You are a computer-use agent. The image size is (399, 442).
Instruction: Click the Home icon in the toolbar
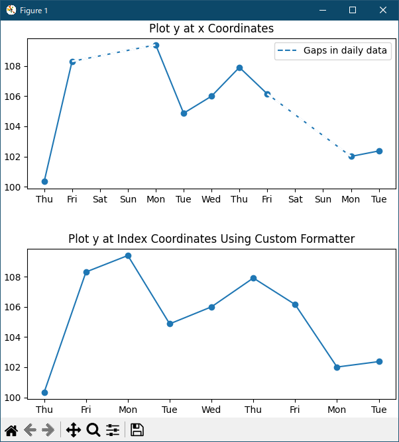(x=11, y=430)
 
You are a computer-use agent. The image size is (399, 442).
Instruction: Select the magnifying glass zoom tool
(x=93, y=430)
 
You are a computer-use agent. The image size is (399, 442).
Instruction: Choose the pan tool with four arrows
(x=74, y=430)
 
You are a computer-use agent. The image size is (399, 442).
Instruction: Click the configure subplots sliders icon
(x=113, y=430)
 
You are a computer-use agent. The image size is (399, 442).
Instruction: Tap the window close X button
(x=382, y=10)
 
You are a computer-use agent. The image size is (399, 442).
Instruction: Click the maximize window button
(x=353, y=10)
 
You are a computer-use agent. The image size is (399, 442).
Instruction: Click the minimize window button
(x=323, y=10)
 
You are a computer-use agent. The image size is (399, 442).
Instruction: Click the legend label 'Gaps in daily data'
(x=345, y=51)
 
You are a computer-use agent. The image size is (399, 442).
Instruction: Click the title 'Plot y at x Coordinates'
(x=211, y=28)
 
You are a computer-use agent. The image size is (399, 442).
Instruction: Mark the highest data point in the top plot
(x=156, y=45)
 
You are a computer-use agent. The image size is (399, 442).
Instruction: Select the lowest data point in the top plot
(x=44, y=181)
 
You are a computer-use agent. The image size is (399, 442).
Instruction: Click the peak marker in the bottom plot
(x=128, y=255)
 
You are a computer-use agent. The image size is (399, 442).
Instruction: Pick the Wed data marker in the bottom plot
(x=211, y=307)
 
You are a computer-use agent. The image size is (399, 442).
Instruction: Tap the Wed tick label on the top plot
(x=211, y=199)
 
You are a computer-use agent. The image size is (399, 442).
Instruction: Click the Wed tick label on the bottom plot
(x=211, y=410)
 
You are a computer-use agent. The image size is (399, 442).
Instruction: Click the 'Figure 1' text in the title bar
(x=34, y=11)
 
